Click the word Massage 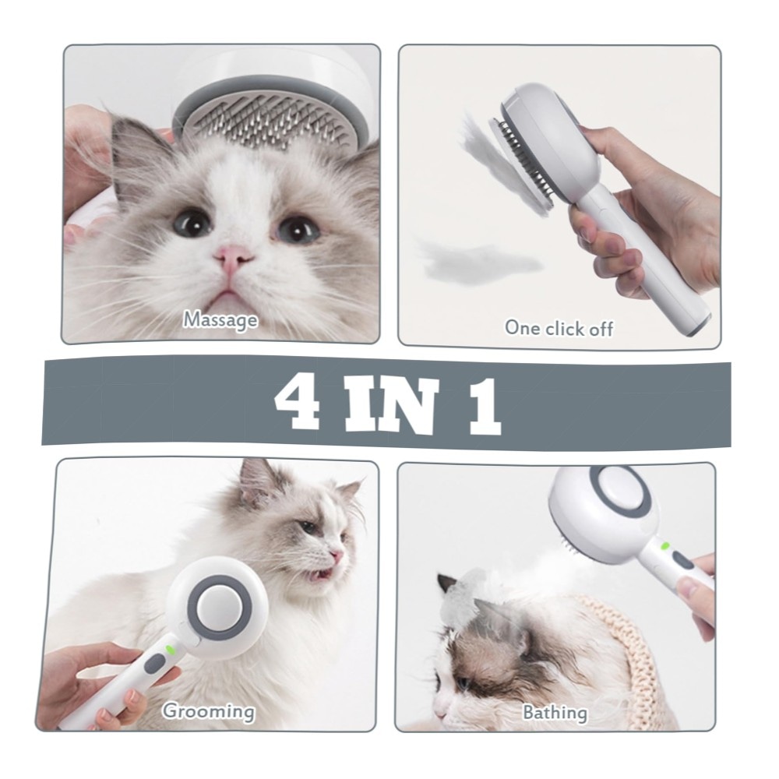(220, 320)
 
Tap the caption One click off (559, 329)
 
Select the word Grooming (208, 711)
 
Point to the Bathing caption (555, 714)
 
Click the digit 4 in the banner (298, 403)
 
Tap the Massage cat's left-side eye (192, 223)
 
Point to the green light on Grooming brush (170, 649)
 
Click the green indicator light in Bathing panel (665, 547)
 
